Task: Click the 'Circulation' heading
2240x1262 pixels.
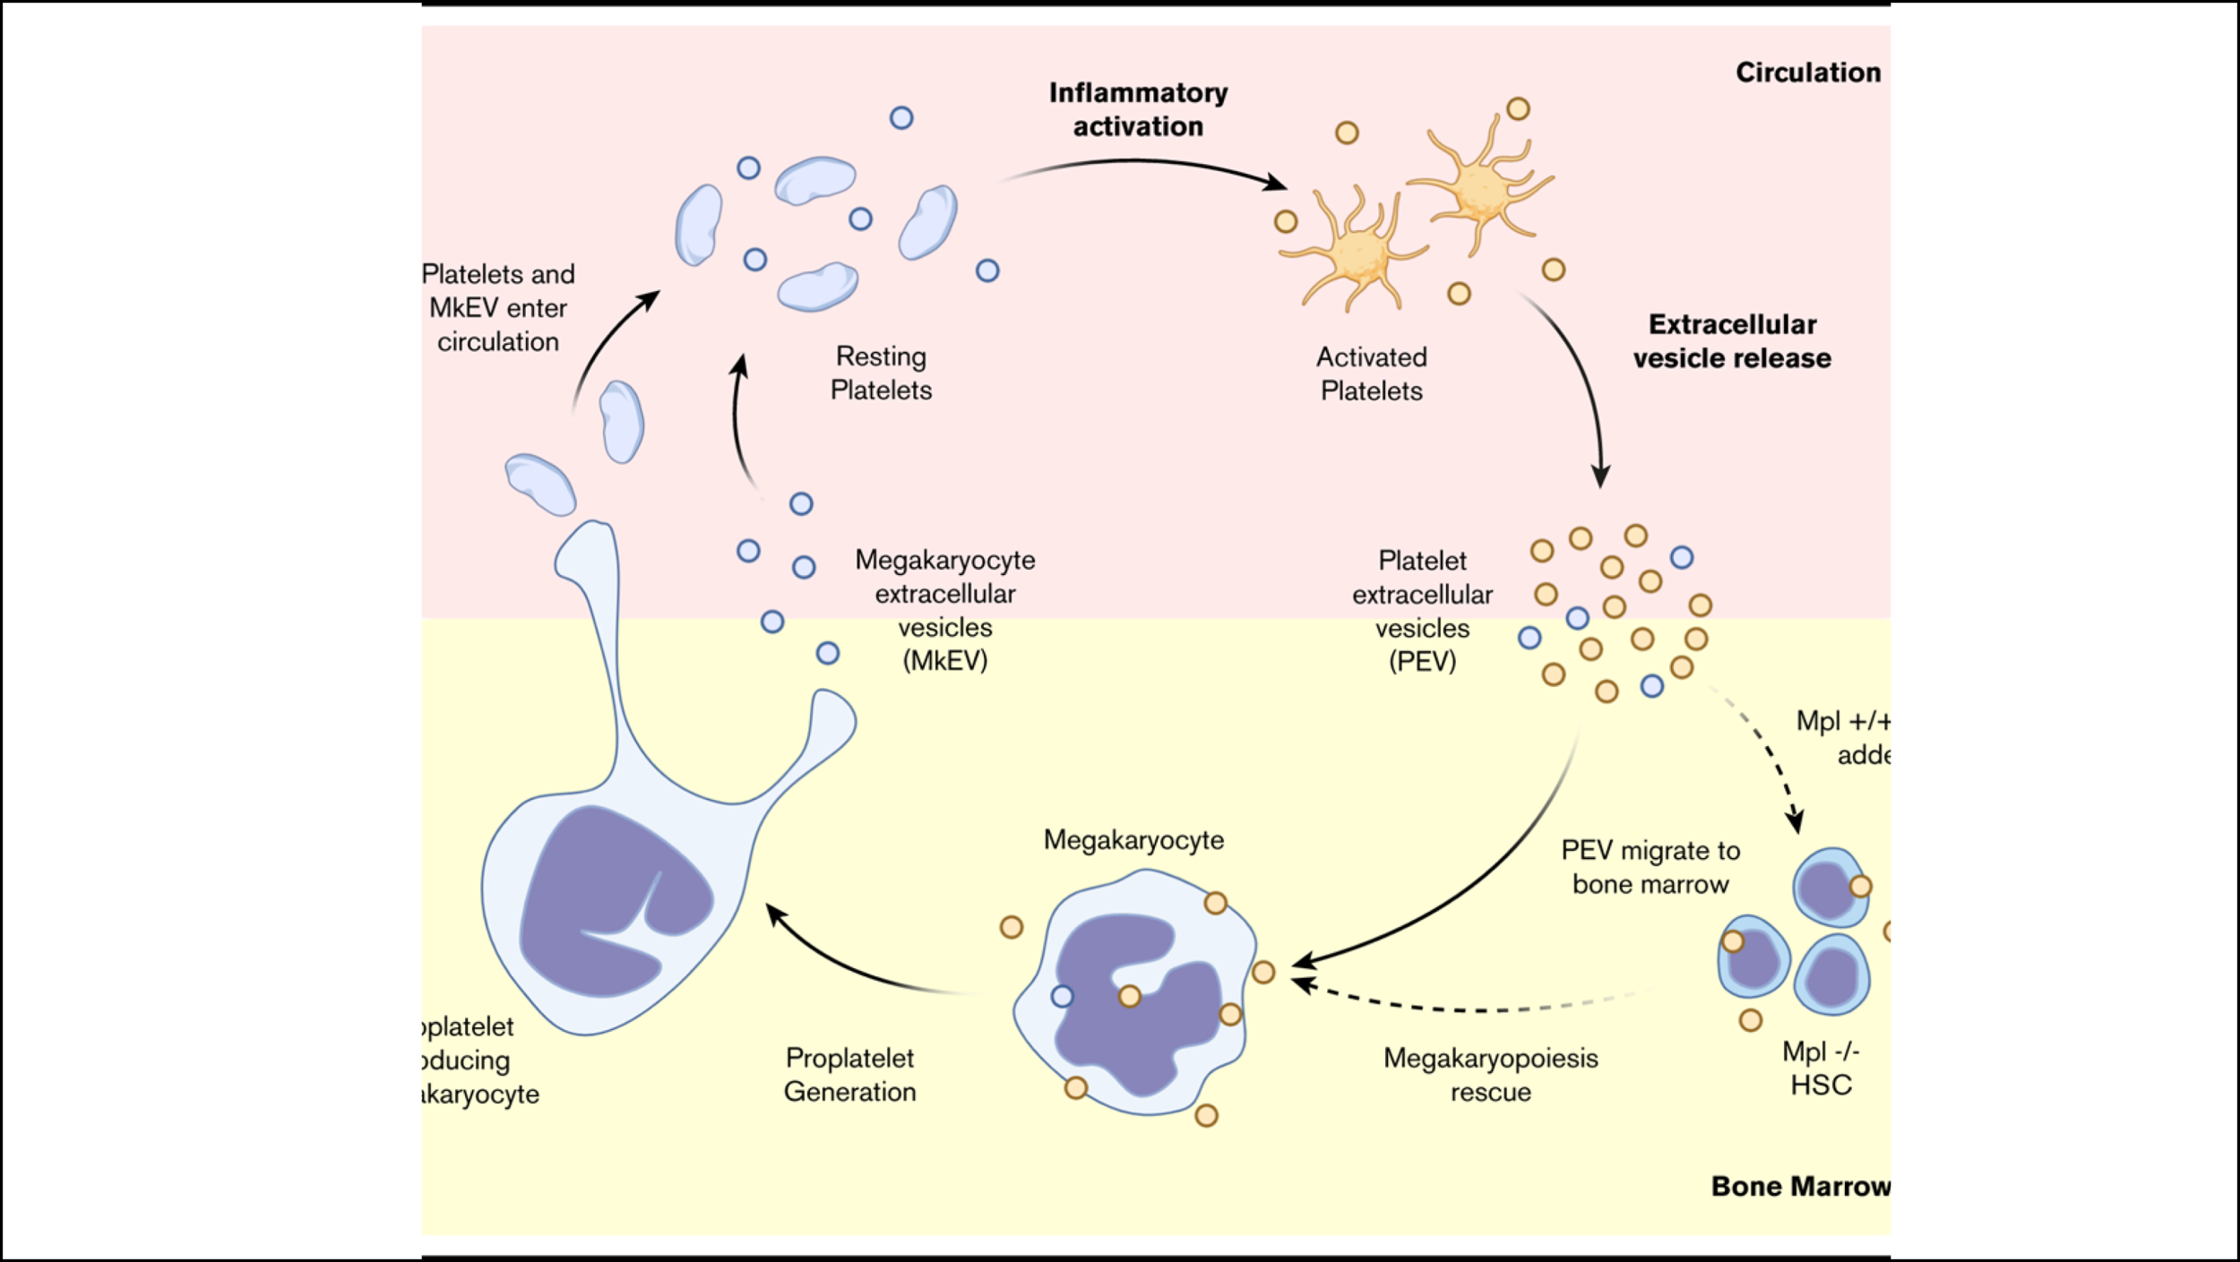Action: (x=1807, y=73)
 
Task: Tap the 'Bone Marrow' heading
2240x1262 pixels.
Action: (x=1799, y=1186)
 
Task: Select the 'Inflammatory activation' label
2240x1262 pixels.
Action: (x=1138, y=109)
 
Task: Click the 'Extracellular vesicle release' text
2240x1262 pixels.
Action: (x=1731, y=341)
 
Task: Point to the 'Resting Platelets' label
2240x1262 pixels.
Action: (x=881, y=373)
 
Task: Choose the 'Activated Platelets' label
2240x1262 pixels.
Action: (x=1371, y=374)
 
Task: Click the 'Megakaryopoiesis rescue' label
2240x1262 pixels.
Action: (x=1490, y=1075)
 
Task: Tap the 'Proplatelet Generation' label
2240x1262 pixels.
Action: (x=849, y=1075)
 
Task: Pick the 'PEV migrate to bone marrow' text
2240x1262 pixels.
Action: (x=1650, y=867)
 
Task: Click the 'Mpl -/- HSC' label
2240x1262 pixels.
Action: (x=1821, y=1068)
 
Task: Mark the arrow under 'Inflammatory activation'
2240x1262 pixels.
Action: (x=1142, y=163)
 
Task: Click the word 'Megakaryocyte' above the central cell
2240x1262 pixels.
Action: (x=1133, y=840)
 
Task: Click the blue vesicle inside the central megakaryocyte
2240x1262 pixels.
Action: (x=1062, y=996)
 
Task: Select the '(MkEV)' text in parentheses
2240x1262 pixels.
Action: (x=944, y=661)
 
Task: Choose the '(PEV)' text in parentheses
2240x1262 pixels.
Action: (x=1422, y=661)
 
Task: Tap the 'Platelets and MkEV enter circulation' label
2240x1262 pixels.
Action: (x=498, y=307)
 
